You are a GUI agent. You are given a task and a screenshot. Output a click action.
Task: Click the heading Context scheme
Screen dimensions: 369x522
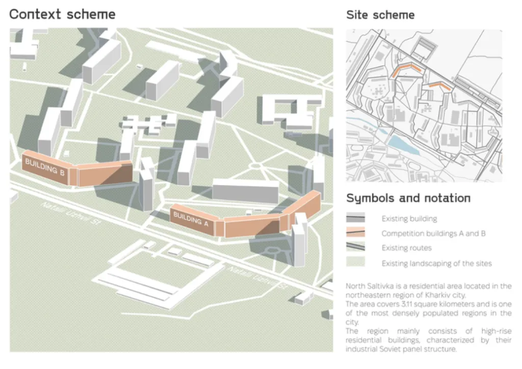pos(62,14)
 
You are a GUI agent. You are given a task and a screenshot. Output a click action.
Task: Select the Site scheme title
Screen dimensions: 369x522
pos(380,15)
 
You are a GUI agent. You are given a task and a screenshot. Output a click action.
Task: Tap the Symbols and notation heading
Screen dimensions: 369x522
pos(408,198)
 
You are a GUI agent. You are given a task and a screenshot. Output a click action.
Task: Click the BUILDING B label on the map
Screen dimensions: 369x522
pos(45,167)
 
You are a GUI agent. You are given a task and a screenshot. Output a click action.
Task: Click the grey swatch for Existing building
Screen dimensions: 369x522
pos(356,218)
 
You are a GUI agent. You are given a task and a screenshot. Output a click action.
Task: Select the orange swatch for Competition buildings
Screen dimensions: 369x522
pos(356,233)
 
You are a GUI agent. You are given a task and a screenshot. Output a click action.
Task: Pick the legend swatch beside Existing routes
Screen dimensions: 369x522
pos(356,248)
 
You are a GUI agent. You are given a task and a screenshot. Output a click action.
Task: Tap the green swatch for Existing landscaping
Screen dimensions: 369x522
pos(356,263)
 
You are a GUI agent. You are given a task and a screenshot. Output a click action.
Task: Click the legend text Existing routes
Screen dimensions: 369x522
pos(406,248)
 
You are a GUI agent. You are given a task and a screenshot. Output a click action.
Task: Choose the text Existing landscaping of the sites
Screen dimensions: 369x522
pos(436,263)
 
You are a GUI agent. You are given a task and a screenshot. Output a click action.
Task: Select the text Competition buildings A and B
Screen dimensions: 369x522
pos(433,233)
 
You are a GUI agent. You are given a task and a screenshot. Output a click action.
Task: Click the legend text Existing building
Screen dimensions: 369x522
pos(409,219)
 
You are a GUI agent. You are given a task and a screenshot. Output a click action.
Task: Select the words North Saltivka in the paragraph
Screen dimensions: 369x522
pos(365,286)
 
